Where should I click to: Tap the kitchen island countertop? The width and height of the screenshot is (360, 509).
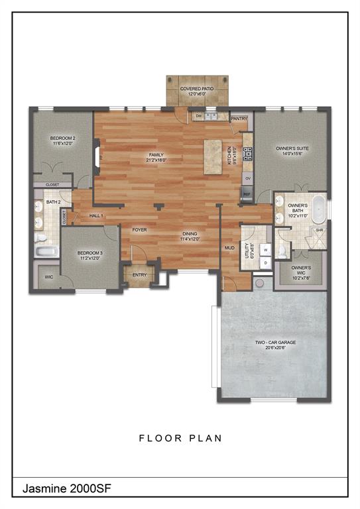coord(213,157)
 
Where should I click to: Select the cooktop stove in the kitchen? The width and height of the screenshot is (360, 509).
coord(247,154)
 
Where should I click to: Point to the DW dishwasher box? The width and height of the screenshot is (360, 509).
coord(198,117)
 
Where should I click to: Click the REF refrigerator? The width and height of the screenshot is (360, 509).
coord(247,194)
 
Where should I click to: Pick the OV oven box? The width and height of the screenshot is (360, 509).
coord(247,178)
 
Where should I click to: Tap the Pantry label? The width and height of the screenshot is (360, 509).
coord(239,119)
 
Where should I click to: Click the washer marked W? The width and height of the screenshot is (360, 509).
coord(266,250)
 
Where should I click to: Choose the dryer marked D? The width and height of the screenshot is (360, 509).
coord(266,262)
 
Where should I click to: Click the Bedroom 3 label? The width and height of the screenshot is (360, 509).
coord(89,254)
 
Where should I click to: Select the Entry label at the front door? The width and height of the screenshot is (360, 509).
coord(139,274)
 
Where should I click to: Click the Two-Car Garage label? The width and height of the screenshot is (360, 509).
coord(275,343)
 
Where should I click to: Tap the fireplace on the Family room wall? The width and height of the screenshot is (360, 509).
coord(98,156)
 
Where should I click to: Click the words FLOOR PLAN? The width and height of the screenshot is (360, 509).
coord(180,438)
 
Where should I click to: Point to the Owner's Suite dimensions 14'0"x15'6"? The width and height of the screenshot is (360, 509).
coord(292,153)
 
